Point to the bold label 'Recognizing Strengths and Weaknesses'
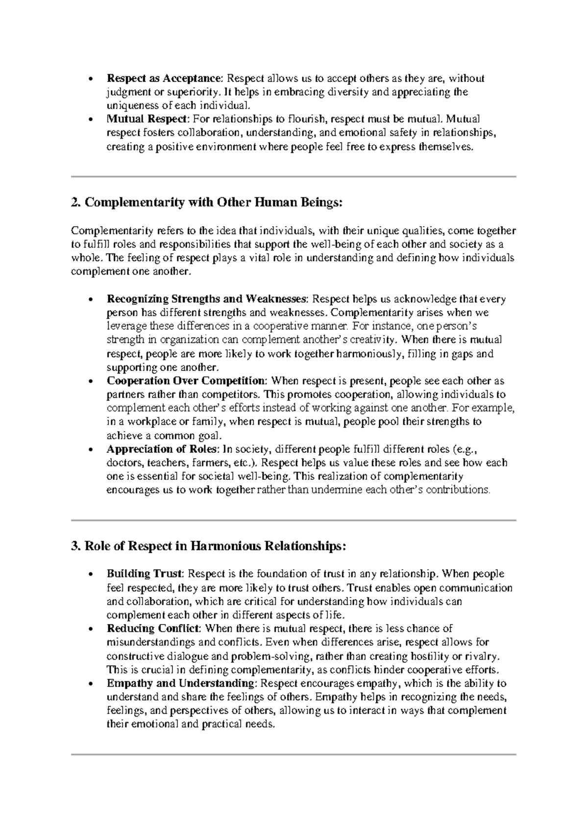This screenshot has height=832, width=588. [x=208, y=299]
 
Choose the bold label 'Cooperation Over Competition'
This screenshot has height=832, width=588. [x=187, y=381]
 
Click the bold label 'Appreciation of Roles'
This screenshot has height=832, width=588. [x=163, y=449]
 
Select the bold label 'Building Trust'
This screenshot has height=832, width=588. [x=145, y=574]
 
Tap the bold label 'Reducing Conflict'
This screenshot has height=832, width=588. [x=153, y=628]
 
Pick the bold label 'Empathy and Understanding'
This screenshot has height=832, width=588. [x=181, y=683]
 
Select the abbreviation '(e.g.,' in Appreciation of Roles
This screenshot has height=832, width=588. [x=462, y=449]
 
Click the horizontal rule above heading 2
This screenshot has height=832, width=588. [x=294, y=176]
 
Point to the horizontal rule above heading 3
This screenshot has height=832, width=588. [x=294, y=520]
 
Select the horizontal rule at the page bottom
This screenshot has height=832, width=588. [x=294, y=754]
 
